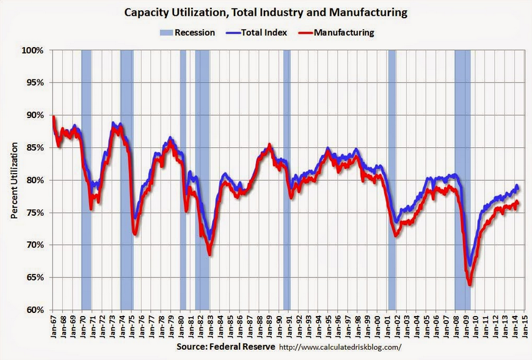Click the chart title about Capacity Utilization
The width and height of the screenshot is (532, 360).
266,12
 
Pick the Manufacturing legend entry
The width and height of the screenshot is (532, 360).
343,32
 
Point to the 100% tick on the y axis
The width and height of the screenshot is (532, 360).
34,50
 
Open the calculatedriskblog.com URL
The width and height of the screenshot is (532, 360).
340,347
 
